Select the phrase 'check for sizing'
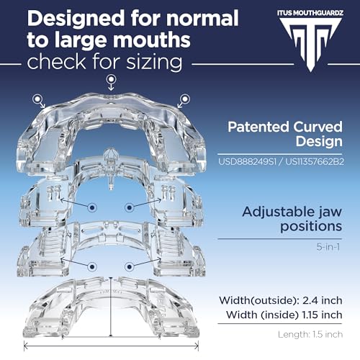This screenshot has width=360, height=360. pos(104,62)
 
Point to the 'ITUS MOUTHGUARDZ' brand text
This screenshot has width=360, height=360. pos(310,12)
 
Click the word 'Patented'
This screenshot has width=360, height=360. pos(258,127)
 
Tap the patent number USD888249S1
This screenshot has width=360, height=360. pos(247,161)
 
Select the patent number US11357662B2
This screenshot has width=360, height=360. pos(315,161)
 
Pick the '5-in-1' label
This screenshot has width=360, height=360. pos(328,247)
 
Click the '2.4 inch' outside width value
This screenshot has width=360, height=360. pos(323,300)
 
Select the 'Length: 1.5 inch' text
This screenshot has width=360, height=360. pos(310,334)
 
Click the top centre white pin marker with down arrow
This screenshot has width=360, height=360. pos(111,82)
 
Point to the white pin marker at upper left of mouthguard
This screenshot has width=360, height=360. pos(39,101)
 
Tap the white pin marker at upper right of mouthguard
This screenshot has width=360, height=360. pos(184,101)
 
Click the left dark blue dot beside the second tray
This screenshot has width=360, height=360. pos(92,207)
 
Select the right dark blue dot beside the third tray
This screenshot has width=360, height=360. pos(130,266)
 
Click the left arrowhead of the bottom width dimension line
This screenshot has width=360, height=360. pos(25,346)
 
